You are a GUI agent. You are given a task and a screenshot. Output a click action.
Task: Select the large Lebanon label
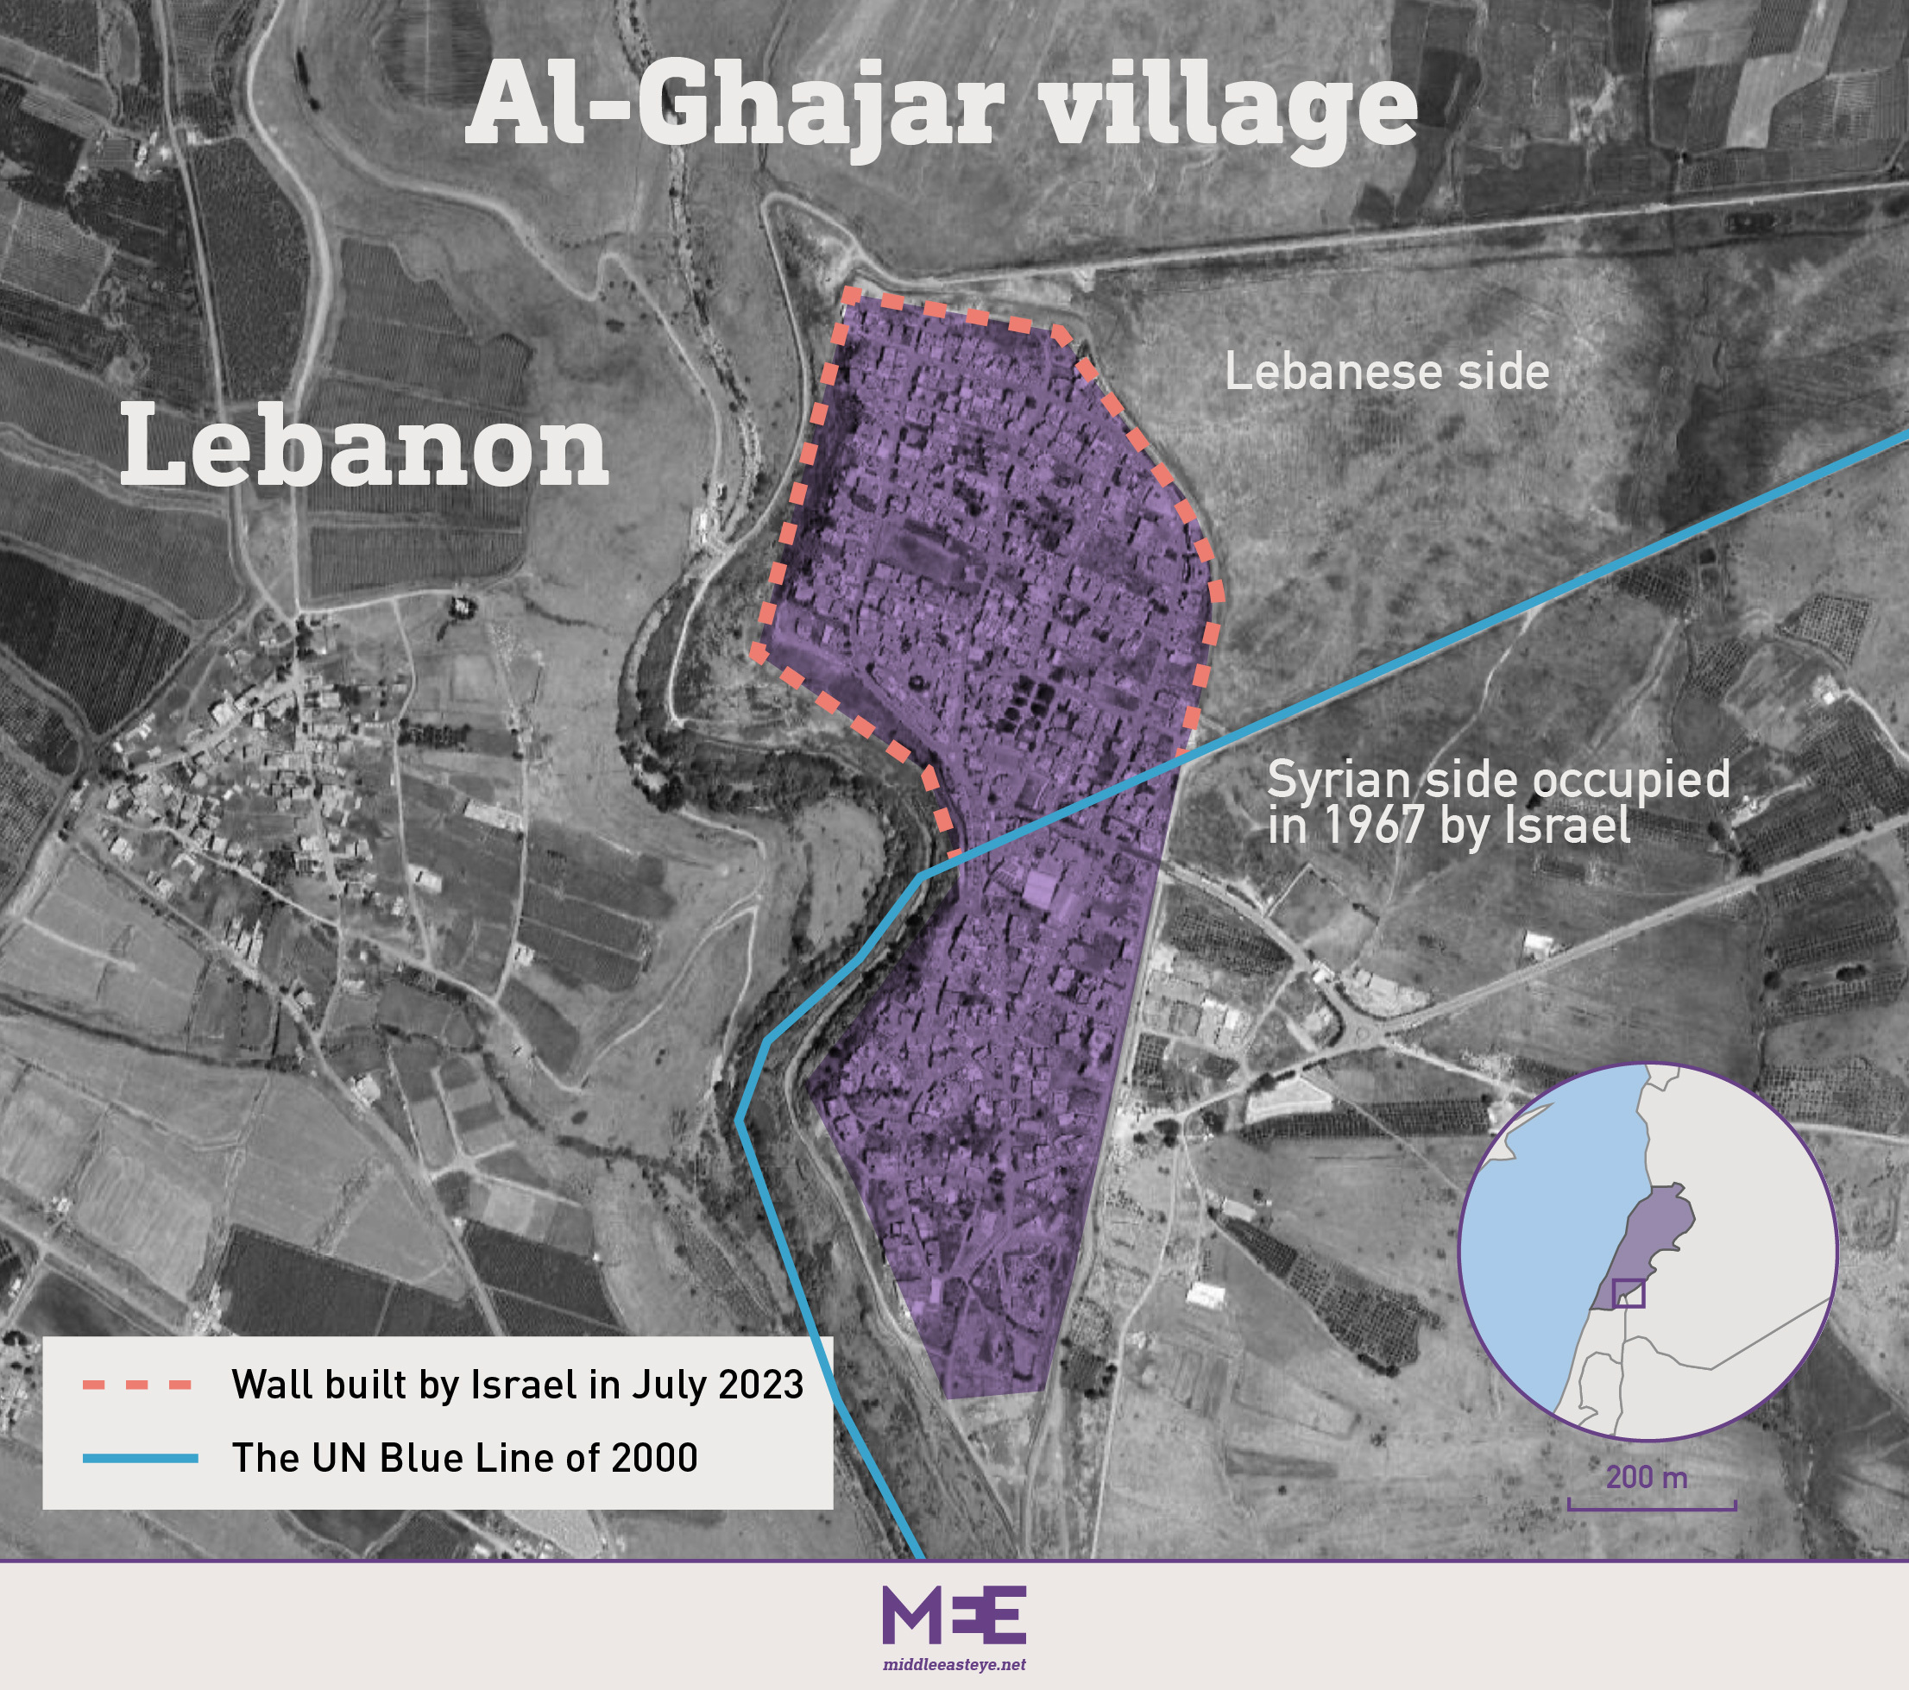pos(364,446)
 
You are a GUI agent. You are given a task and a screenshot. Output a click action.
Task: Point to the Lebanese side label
pos(1386,372)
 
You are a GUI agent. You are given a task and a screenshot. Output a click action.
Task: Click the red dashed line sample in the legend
pos(137,1385)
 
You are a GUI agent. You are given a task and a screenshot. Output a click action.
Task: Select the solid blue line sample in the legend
pos(140,1458)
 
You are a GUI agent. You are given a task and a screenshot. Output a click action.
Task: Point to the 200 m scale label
pos(1647,1477)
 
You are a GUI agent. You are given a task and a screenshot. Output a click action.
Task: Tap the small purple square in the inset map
pos(1628,1293)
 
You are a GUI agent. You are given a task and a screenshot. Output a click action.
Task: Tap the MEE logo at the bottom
pos(954,1614)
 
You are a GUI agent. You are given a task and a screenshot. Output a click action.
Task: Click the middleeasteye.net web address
pos(954,1664)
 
